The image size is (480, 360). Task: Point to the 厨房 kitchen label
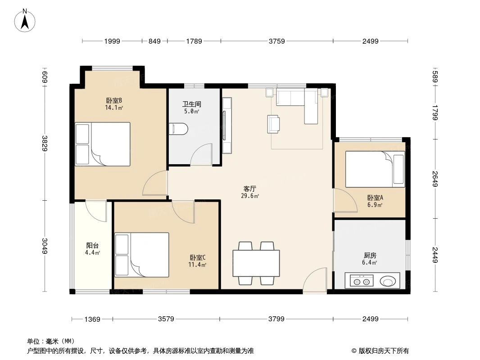(x=370, y=255)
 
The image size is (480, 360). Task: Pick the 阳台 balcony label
(x=93, y=246)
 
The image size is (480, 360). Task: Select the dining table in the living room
(x=256, y=263)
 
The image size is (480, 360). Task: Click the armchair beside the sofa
(x=274, y=124)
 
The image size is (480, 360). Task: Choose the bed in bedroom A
(x=375, y=169)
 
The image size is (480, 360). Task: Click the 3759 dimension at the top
(x=277, y=41)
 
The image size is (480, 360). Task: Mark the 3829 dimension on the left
(x=45, y=143)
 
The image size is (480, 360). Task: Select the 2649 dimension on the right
(x=435, y=178)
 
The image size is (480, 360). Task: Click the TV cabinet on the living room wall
(x=226, y=126)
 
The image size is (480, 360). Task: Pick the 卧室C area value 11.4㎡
(x=198, y=265)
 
